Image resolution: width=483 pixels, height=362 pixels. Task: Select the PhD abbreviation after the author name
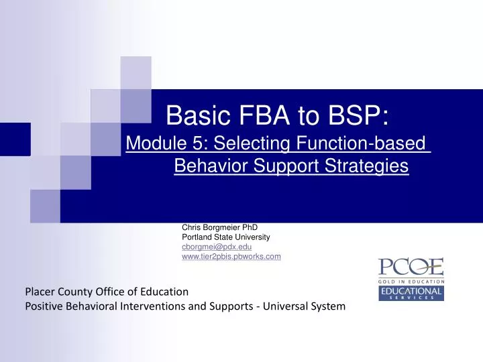tap(250, 227)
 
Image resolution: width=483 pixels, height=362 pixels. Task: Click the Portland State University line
tap(225, 237)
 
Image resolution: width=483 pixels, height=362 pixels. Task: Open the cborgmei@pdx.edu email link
tap(217, 247)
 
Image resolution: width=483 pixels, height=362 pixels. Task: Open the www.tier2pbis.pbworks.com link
tap(231, 256)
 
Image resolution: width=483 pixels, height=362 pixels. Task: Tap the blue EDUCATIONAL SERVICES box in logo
tap(411, 293)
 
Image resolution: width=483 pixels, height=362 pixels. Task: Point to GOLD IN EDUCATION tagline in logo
tap(411, 282)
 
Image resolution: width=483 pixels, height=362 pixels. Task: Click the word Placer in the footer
tap(40, 292)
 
